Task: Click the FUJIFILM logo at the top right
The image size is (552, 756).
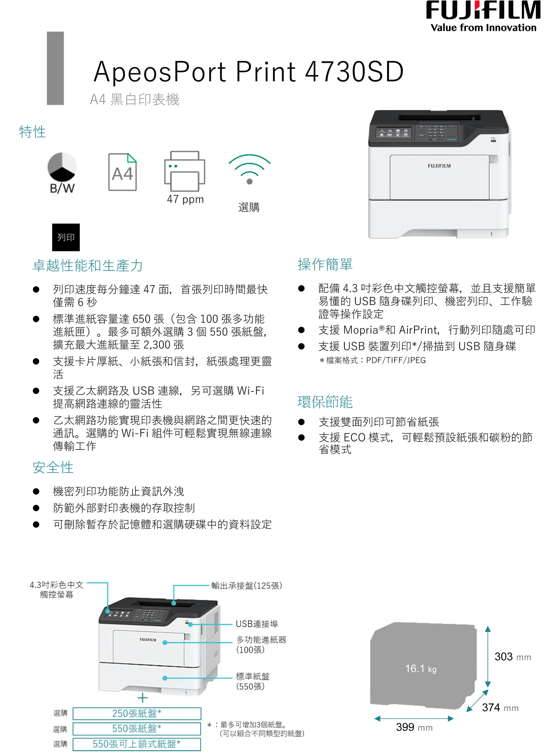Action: pyautogui.click(x=483, y=11)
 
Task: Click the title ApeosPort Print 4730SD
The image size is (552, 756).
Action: pyautogui.click(x=249, y=72)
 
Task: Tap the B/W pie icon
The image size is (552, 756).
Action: pyautogui.click(x=62, y=168)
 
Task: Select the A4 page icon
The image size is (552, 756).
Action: pyautogui.click(x=123, y=172)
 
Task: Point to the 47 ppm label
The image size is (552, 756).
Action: pyautogui.click(x=185, y=199)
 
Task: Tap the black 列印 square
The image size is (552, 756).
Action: pyautogui.click(x=66, y=237)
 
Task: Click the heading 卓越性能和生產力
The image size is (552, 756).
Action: pyautogui.click(x=88, y=266)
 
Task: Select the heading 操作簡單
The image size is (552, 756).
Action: pyautogui.click(x=325, y=265)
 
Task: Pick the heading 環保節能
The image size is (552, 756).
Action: pyautogui.click(x=325, y=402)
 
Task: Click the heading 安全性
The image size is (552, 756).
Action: pyautogui.click(x=53, y=467)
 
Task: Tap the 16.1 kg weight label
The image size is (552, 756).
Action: pyautogui.click(x=421, y=669)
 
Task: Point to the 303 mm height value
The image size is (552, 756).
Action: pyautogui.click(x=512, y=657)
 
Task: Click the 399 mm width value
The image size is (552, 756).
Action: pyautogui.click(x=414, y=727)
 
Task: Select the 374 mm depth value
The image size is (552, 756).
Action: pyautogui.click(x=500, y=707)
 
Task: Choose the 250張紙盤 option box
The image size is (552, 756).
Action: pyautogui.click(x=137, y=713)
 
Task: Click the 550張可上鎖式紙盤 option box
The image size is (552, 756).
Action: pyautogui.click(x=137, y=744)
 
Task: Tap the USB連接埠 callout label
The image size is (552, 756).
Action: pyautogui.click(x=257, y=624)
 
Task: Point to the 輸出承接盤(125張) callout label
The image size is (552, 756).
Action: pyautogui.click(x=247, y=585)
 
